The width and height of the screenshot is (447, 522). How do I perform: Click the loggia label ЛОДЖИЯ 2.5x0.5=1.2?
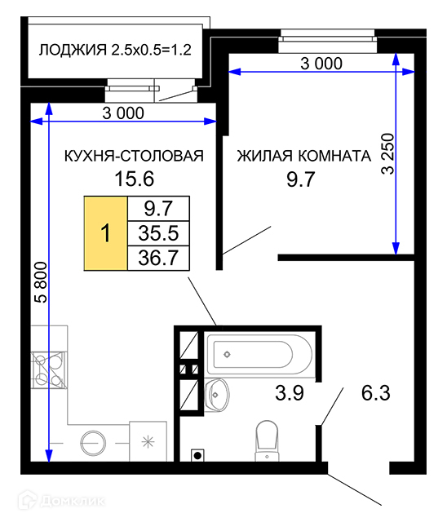(x=115, y=50)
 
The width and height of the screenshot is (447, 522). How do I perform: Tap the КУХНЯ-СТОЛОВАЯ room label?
(x=134, y=156)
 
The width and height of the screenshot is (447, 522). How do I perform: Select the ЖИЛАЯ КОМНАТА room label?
(x=304, y=156)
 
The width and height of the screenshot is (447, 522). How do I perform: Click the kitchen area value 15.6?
(x=134, y=179)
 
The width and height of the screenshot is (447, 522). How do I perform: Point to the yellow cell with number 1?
(x=105, y=233)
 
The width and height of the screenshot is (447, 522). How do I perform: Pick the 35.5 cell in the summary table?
(x=158, y=233)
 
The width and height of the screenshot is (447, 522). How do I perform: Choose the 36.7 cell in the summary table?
(x=158, y=258)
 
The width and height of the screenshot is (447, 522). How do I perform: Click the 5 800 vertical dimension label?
(x=42, y=282)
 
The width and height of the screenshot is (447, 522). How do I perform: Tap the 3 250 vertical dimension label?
(x=387, y=154)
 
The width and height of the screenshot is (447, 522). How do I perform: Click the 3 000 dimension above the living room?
(x=321, y=64)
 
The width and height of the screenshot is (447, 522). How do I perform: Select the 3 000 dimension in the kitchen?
(x=123, y=113)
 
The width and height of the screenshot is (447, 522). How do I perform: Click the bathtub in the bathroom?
(x=260, y=355)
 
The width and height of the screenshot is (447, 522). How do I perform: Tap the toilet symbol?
(x=267, y=440)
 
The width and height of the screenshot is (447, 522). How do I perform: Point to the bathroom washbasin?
(x=216, y=395)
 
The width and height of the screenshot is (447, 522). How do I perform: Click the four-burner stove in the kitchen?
(x=49, y=370)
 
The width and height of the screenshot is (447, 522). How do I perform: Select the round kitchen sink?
(x=93, y=443)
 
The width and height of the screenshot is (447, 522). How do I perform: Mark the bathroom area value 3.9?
(x=290, y=392)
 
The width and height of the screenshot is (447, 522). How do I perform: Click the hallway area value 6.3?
(x=376, y=393)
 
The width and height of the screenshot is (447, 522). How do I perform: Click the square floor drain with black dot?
(x=197, y=455)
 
